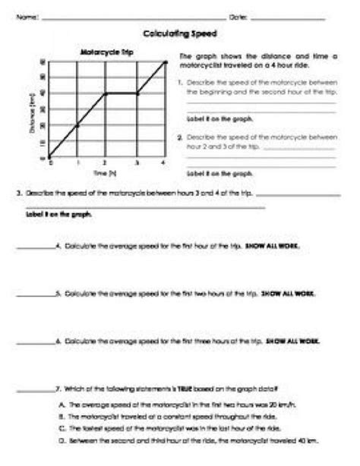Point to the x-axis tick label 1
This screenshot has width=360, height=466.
78,163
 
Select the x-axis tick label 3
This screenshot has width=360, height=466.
136,163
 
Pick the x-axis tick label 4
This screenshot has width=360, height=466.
164,163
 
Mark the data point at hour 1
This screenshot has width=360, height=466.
78,125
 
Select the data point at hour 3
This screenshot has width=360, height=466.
136,93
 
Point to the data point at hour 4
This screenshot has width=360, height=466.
165,62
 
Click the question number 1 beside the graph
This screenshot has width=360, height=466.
178,81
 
